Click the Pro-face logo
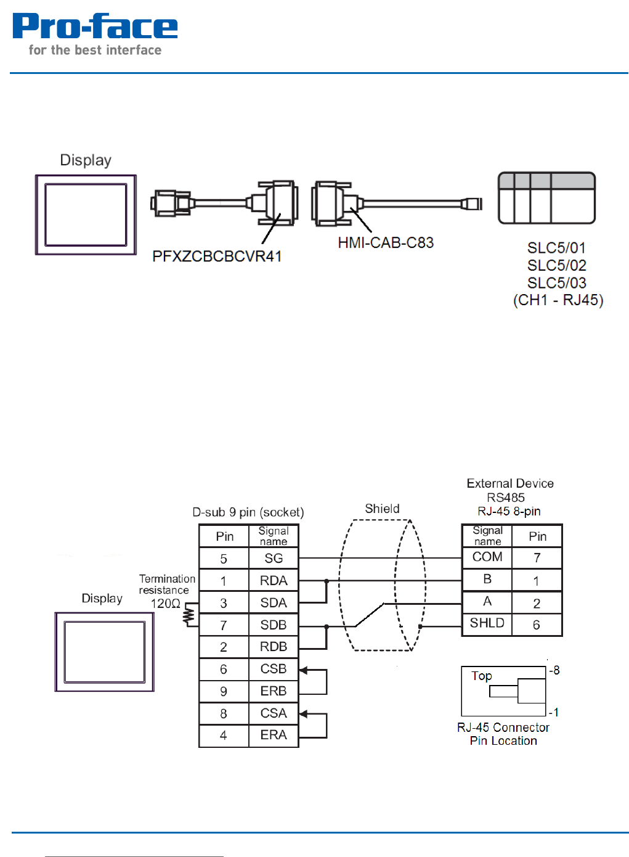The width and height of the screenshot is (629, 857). (x=95, y=35)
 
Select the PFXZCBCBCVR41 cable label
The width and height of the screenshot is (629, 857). (x=217, y=256)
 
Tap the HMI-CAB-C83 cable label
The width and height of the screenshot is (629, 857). (x=386, y=243)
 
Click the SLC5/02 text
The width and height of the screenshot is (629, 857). (x=556, y=266)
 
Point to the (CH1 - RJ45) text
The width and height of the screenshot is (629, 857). (x=558, y=300)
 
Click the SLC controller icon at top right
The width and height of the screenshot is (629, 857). (x=546, y=198)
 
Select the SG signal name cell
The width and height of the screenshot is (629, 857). (x=274, y=559)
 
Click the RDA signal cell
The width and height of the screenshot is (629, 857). (x=274, y=581)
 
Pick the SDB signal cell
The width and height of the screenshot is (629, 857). (x=274, y=625)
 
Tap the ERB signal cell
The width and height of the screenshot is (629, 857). (x=274, y=691)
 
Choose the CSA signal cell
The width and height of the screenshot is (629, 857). (x=274, y=713)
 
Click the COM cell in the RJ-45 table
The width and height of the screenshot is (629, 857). (x=487, y=557)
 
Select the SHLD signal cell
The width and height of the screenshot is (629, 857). (x=487, y=623)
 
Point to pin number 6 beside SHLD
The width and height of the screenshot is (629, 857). (x=537, y=625)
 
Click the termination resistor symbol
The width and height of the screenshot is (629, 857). (x=190, y=615)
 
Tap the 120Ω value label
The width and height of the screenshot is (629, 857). (x=166, y=604)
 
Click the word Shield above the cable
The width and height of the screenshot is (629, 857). (x=382, y=509)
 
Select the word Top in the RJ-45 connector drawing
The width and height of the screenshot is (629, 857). (x=482, y=676)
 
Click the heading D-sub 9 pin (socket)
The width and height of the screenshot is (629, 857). (x=248, y=512)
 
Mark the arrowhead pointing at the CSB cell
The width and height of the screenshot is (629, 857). (x=303, y=670)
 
